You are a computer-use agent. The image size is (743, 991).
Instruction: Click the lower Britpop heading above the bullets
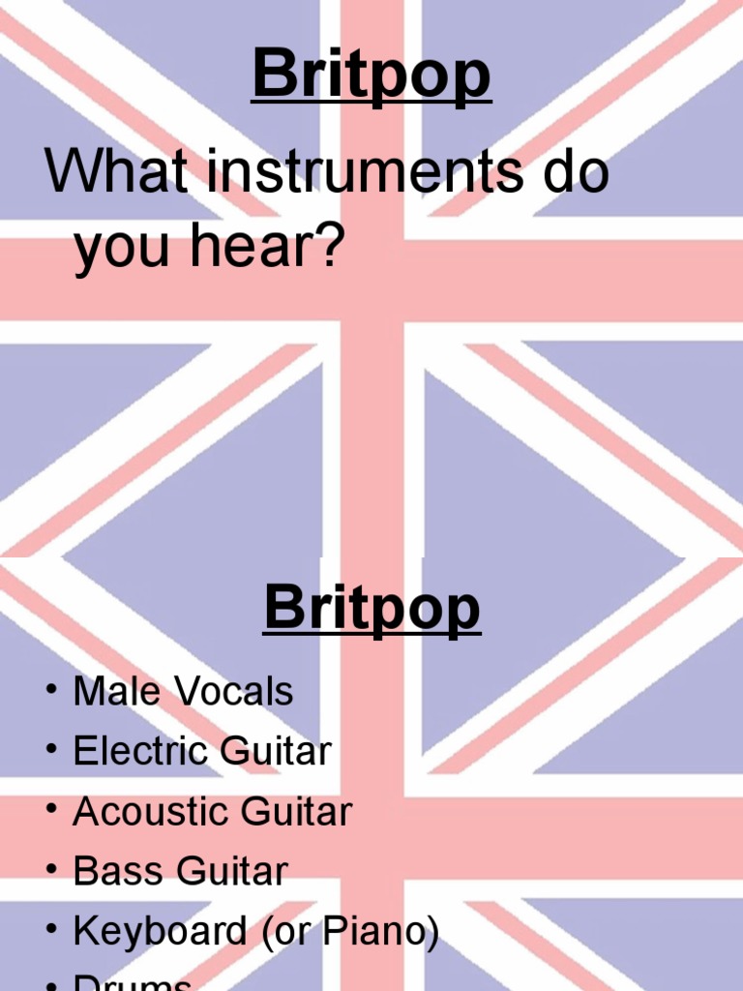[x=371, y=607]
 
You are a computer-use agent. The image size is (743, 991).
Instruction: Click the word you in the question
[x=127, y=249]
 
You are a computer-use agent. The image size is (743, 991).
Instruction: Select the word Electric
[x=139, y=751]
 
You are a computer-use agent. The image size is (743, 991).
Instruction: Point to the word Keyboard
[x=160, y=931]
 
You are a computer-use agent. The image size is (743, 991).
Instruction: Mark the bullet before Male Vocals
[x=49, y=691]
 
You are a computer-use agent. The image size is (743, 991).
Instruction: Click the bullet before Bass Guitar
[x=49, y=871]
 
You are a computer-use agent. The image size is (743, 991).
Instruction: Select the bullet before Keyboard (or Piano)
[x=49, y=931]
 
